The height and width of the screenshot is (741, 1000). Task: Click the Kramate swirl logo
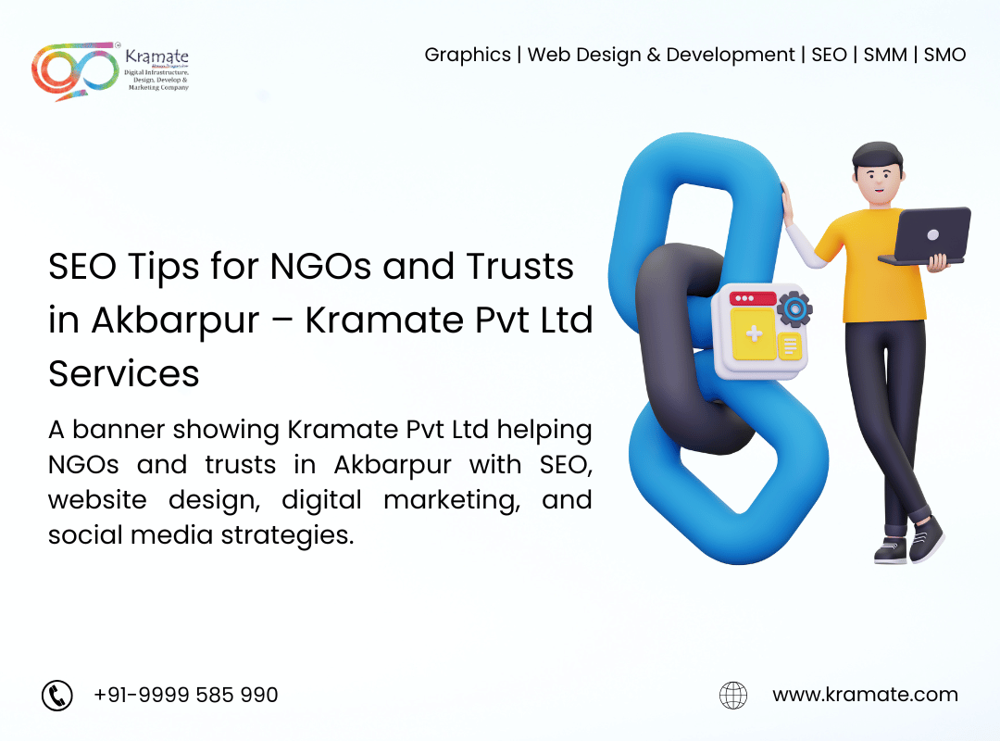pos(75,71)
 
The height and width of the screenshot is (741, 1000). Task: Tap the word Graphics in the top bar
pos(468,56)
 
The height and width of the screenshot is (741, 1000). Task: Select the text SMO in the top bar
pos(944,55)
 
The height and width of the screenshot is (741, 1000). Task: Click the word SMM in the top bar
pos(885,55)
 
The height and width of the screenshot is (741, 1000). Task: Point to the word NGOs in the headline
pos(320,266)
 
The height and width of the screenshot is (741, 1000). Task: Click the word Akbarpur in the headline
pos(175,320)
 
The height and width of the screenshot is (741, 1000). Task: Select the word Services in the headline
pos(124,374)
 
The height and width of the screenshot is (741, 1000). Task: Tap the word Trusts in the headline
pos(519,266)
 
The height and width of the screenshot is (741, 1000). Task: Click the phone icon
pos(57,695)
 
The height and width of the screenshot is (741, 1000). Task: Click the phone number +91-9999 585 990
pos(185,695)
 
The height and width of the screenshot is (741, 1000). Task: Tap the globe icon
pos(733,695)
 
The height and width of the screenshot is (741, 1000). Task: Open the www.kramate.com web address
pos(866,695)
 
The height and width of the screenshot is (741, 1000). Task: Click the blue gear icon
pos(794,309)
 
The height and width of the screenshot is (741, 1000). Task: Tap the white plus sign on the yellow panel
pos(754,333)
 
